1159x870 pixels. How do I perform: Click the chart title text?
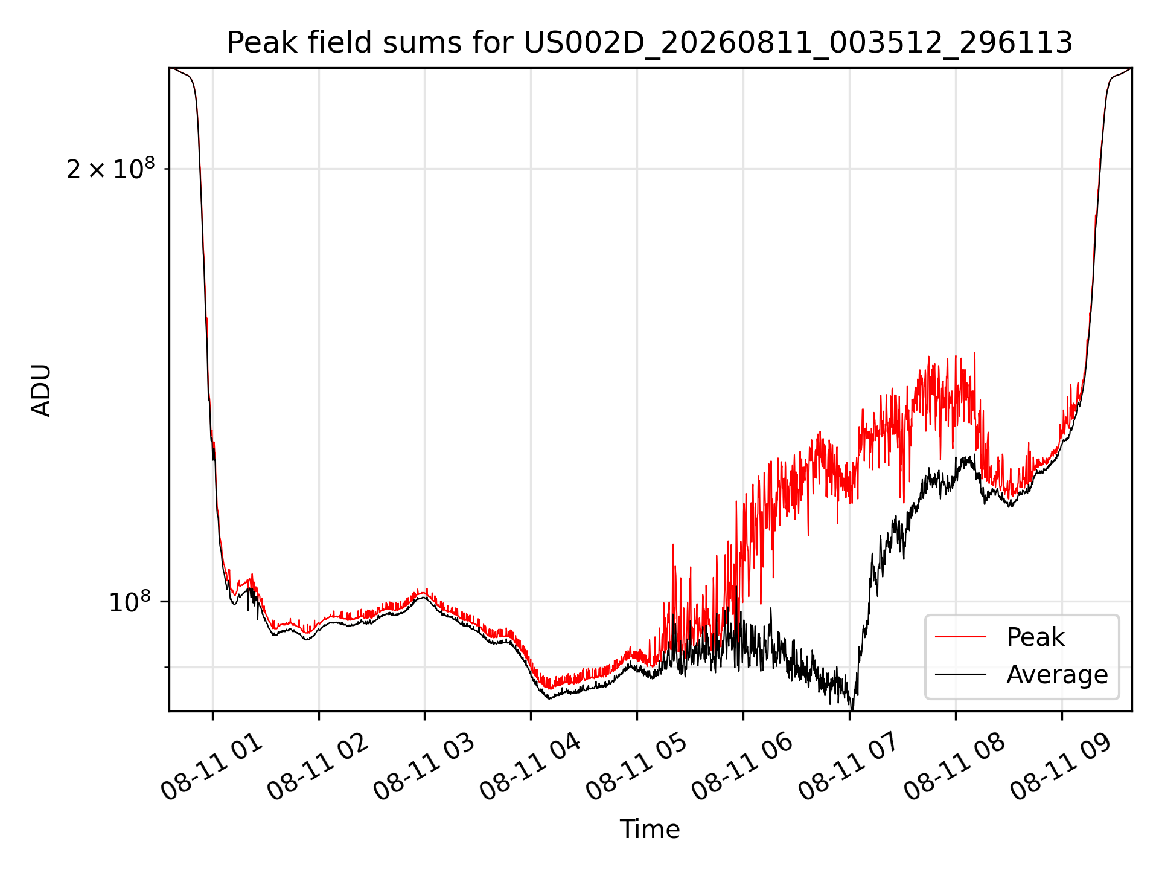(650, 43)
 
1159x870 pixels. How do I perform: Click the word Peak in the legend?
(1035, 637)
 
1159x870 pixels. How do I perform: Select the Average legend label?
(1057, 674)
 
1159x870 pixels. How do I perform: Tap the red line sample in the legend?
(961, 637)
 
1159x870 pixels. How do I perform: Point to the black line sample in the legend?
(961, 674)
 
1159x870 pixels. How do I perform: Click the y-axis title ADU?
(41, 390)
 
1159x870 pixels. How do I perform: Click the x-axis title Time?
(650, 830)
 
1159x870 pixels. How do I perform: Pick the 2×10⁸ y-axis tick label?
(110, 169)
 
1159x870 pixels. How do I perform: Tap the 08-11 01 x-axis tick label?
(212, 767)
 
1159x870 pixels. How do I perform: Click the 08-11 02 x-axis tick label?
(319, 767)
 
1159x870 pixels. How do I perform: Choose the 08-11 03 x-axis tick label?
(425, 767)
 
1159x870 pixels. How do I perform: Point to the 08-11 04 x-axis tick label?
(531, 767)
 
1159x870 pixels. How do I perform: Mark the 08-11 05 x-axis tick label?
(637, 767)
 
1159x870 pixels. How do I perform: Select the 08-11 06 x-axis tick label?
(744, 767)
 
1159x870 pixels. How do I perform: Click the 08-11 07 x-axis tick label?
(850, 767)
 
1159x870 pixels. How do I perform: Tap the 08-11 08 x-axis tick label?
(956, 767)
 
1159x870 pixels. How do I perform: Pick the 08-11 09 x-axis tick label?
(1062, 767)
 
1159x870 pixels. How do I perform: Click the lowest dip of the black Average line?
(852, 709)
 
